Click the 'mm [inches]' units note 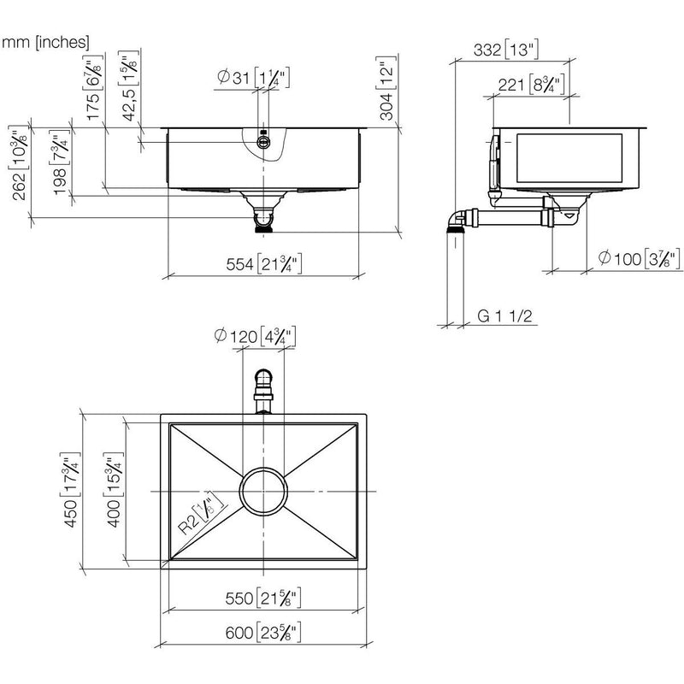[45, 42]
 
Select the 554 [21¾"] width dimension [264, 264]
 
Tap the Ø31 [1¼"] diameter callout [253, 78]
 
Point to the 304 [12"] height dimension [387, 88]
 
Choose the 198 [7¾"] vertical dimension [60, 162]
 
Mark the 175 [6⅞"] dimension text [93, 87]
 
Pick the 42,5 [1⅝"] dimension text [129, 85]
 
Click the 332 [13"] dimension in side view [506, 50]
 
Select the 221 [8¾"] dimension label [531, 84]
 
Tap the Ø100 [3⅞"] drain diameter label [639, 259]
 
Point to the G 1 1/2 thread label [505, 315]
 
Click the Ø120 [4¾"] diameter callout [256, 336]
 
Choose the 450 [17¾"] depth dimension [71, 489]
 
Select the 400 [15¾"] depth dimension [114, 489]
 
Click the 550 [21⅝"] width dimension [263, 598]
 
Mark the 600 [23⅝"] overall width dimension [263, 633]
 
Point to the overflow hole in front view [263, 141]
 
